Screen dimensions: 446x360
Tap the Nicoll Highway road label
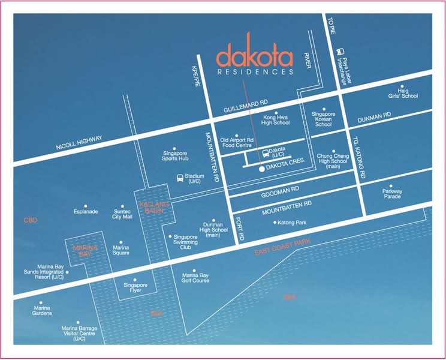(x=79, y=143)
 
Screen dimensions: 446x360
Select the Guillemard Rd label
(x=245, y=106)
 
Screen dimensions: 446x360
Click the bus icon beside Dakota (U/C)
(x=266, y=154)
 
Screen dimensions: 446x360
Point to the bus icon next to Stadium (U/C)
(x=180, y=178)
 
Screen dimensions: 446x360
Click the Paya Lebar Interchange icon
(x=340, y=52)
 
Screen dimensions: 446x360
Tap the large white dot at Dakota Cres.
(x=262, y=169)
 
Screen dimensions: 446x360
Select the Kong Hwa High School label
(x=275, y=120)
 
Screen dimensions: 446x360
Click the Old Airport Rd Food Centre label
(x=237, y=143)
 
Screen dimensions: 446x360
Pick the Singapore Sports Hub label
(x=175, y=156)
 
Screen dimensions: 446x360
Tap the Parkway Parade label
(x=392, y=194)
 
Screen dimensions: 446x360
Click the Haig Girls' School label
(x=403, y=94)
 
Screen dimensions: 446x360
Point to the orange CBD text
(x=31, y=220)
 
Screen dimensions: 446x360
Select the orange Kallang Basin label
(x=154, y=208)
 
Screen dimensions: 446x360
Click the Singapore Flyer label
(x=135, y=288)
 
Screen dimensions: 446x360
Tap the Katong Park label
(x=292, y=223)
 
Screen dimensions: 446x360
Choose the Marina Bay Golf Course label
(x=195, y=278)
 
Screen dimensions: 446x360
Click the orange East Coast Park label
(x=282, y=247)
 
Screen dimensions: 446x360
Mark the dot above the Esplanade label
(x=85, y=206)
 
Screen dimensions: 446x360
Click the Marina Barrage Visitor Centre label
(x=79, y=334)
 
